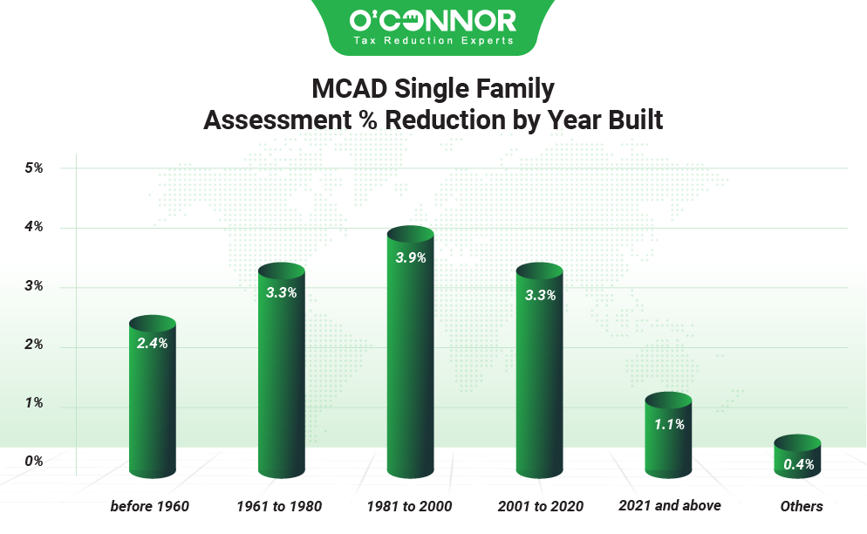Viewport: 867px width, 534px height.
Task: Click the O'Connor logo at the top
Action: [x=433, y=20]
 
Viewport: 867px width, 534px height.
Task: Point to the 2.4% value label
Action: [x=152, y=344]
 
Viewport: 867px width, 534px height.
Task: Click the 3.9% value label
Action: [x=410, y=259]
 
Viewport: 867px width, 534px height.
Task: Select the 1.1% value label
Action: [x=668, y=425]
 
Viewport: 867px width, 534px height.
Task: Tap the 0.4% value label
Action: [x=798, y=465]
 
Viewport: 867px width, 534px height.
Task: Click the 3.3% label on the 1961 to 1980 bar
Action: [x=281, y=293]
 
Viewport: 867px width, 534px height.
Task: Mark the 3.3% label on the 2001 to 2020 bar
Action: [x=539, y=295]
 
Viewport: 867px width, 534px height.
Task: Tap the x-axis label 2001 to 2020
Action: [x=540, y=506]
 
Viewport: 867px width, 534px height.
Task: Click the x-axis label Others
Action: [x=801, y=506]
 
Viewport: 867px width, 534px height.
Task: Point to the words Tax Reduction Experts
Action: [x=433, y=40]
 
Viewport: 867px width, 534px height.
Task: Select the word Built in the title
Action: [x=636, y=120]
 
